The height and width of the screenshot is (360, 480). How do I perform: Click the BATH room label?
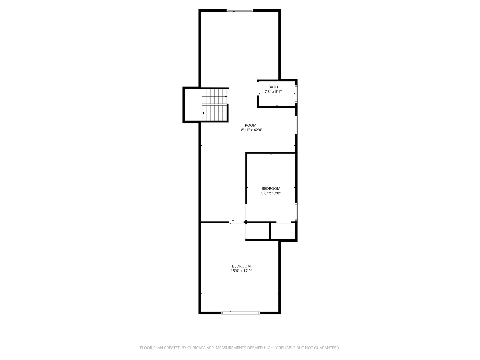[x=273, y=87]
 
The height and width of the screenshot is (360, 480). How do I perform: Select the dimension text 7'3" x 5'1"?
[x=273, y=92]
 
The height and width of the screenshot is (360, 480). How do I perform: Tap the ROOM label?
[x=250, y=125]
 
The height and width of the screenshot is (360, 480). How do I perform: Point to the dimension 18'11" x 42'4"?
[x=250, y=130]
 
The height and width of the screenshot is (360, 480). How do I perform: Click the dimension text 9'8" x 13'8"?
[x=271, y=193]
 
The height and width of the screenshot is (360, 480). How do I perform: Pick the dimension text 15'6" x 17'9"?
[x=241, y=271]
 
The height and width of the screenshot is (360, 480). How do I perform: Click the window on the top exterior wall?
[x=240, y=10]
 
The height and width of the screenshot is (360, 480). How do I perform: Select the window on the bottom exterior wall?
[x=240, y=313]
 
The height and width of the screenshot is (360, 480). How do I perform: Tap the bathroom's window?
[x=296, y=94]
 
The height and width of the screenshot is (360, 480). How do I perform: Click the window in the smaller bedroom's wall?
[x=296, y=212]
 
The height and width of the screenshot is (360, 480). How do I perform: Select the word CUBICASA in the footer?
[x=196, y=348]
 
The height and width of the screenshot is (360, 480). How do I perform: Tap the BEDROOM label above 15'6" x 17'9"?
[x=241, y=266]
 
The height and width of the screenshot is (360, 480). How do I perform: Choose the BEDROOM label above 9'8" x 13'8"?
[x=271, y=188]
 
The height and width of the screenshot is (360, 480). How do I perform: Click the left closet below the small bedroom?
[x=257, y=231]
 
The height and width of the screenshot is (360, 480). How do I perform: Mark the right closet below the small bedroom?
[x=283, y=231]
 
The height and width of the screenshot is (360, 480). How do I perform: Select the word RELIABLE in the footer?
[x=286, y=348]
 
